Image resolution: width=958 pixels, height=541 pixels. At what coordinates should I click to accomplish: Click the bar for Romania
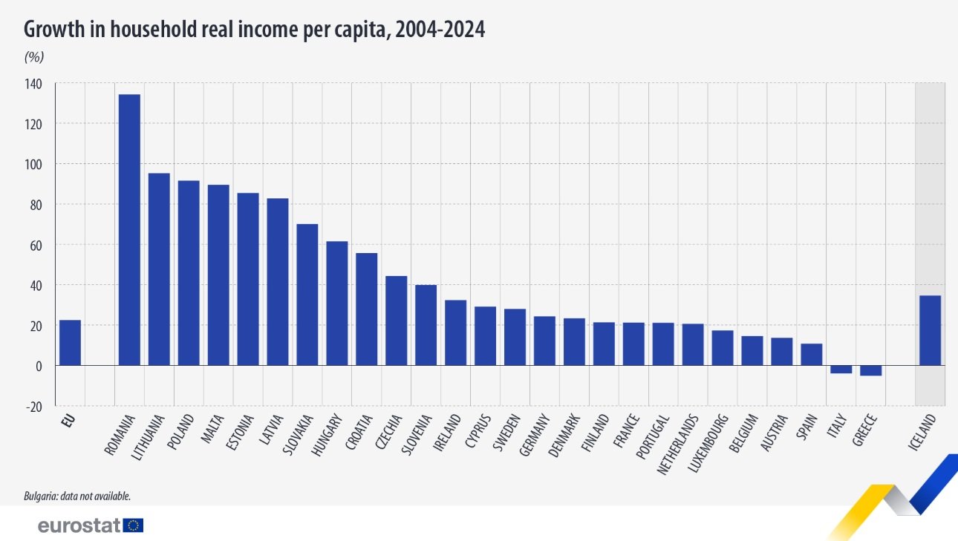click(x=129, y=230)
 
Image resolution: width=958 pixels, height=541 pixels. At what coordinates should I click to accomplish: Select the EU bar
click(x=70, y=343)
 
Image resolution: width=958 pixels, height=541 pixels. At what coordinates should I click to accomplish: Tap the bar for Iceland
click(x=930, y=330)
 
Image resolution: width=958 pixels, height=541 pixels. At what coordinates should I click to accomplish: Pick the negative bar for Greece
click(x=870, y=370)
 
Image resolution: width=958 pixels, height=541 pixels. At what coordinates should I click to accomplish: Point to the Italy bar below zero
click(x=841, y=370)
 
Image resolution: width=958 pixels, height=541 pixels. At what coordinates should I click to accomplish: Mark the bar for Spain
click(x=811, y=355)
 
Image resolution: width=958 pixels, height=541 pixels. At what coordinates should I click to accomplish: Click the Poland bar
click(x=189, y=273)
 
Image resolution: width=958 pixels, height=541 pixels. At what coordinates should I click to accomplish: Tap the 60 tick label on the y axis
click(x=36, y=245)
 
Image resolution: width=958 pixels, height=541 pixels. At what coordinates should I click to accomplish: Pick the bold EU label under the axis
click(x=68, y=421)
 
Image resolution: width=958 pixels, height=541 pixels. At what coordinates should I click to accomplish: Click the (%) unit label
click(x=35, y=56)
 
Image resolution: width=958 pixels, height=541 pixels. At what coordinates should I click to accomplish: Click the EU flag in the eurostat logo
click(x=134, y=525)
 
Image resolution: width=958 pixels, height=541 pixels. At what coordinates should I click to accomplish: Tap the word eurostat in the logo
click(x=79, y=525)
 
